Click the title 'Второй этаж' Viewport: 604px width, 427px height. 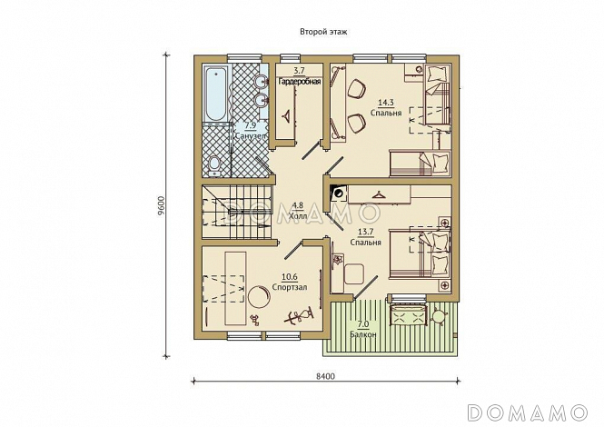click(323, 32)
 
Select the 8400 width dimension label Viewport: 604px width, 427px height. click(325, 376)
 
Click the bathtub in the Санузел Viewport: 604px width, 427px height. click(215, 94)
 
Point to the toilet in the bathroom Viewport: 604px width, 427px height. click(213, 165)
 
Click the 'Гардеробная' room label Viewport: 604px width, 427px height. click(300, 82)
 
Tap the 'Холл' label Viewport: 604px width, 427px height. click(298, 216)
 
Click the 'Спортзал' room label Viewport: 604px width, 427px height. click(290, 287)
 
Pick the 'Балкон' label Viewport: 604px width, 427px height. click(363, 334)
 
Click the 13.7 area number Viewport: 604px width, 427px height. click(365, 232)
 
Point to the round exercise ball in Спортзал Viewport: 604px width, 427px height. click(259, 296)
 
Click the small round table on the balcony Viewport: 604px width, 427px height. click(438, 315)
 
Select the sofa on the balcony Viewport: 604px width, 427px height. click(409, 315)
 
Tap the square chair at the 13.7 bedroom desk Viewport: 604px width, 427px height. click(354, 273)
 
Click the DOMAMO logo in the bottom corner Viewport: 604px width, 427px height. click(528, 412)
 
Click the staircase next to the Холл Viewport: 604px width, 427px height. click(236, 212)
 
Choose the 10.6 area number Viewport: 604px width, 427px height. click(290, 277)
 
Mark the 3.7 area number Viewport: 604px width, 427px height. click(300, 71)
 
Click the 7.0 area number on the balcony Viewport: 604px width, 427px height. click(363, 324)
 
